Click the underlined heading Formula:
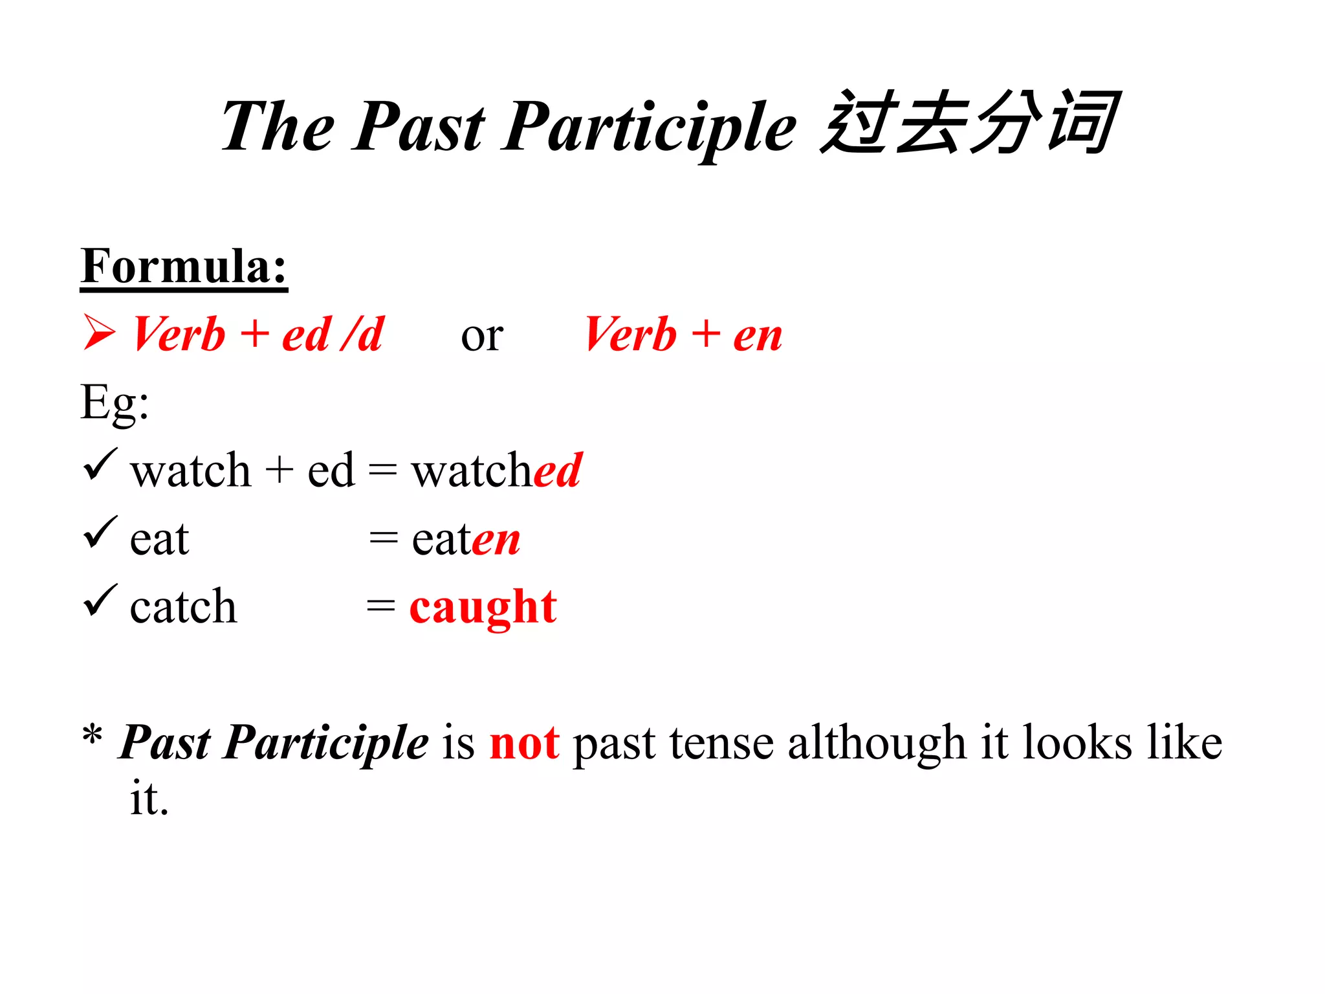184,267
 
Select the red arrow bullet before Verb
99,333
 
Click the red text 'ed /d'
333,335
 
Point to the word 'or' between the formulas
482,337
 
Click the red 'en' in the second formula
758,337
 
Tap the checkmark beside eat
100,533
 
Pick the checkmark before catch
100,601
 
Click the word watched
497,470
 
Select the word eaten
466,539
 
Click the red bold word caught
483,608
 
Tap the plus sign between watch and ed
279,470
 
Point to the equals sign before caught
380,607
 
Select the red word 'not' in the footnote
524,743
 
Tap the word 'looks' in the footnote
1077,743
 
